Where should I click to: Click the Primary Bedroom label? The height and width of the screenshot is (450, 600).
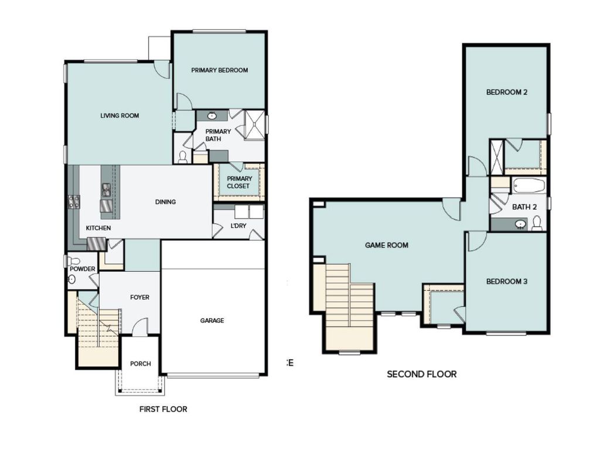click(220, 70)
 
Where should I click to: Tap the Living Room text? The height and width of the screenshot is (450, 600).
click(120, 116)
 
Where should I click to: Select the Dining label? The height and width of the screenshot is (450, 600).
click(165, 202)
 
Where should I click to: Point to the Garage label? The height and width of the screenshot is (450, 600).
click(212, 321)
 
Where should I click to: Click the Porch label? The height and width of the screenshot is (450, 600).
click(141, 364)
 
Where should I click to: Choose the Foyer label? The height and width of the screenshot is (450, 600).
click(139, 298)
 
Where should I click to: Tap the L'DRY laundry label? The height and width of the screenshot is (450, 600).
click(238, 226)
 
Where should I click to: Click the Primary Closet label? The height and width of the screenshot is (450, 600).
click(239, 182)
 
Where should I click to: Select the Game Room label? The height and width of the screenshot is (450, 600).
click(387, 246)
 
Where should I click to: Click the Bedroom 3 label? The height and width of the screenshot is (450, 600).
click(507, 282)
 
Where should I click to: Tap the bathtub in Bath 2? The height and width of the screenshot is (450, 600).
click(529, 186)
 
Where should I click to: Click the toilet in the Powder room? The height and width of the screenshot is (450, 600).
click(73, 261)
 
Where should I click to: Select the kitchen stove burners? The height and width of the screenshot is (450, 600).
click(74, 202)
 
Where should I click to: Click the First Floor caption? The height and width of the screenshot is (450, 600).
click(163, 409)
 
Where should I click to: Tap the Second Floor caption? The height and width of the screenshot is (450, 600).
click(421, 374)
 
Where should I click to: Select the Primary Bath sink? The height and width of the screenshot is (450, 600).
click(212, 115)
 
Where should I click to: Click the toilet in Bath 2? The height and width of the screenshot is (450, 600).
click(537, 223)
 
